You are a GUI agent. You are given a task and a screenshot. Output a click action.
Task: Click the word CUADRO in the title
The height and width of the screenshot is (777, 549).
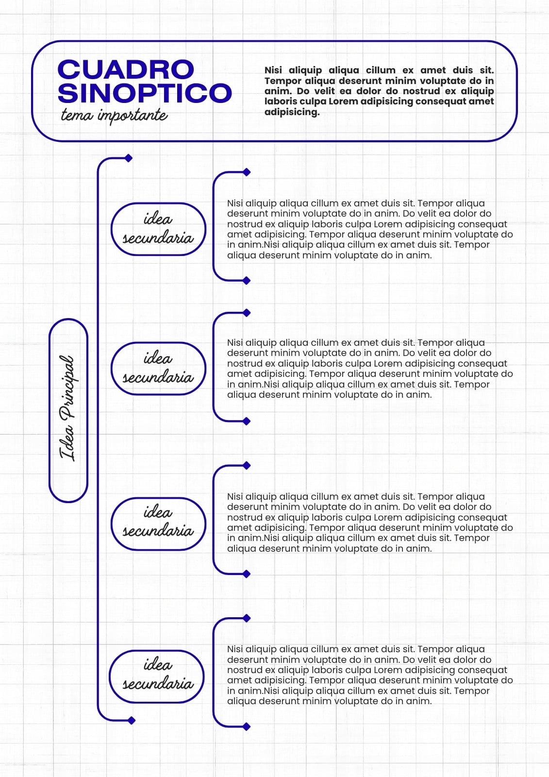pos(126,69)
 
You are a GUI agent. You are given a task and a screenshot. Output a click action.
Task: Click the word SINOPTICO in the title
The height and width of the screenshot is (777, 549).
pos(145,93)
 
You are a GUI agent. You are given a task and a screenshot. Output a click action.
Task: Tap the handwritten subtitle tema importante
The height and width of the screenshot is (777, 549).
pos(114,116)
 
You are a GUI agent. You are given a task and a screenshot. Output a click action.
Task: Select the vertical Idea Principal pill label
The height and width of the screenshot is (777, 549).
pos(68,410)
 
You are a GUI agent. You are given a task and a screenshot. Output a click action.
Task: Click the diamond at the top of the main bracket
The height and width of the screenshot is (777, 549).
pos(129,158)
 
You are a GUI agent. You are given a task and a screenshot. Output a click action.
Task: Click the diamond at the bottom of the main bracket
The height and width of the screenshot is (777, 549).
pos(132,721)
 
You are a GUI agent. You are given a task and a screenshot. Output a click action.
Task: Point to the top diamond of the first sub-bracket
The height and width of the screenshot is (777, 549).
pos(247,172)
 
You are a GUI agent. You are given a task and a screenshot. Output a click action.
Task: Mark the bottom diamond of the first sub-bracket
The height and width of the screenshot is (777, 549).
pos(247,281)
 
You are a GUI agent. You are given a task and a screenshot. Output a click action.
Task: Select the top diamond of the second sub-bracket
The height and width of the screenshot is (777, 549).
pos(247,313)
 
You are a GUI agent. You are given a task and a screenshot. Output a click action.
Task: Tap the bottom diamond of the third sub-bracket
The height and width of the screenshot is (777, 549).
pos(247,574)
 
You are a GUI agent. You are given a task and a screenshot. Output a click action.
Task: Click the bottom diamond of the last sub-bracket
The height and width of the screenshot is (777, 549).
pos(247,726)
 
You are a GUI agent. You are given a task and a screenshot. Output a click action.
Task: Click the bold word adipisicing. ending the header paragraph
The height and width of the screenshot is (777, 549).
pos(292,112)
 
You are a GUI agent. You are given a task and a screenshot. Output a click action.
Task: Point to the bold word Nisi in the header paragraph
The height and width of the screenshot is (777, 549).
pos(273,70)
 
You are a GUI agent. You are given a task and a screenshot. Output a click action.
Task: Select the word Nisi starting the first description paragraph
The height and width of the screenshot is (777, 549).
pos(235,203)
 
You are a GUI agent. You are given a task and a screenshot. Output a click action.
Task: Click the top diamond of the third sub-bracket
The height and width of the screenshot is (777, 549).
pos(247,466)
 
